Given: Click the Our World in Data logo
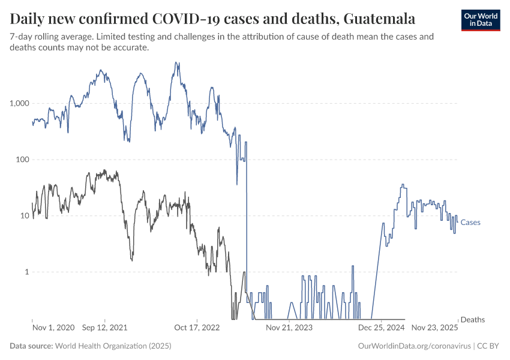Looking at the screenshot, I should (x=480, y=20).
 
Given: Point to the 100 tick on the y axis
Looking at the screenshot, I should (x=23, y=160).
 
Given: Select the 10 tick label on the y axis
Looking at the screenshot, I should (x=25, y=215).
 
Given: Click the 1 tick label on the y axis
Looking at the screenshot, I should (x=26, y=272).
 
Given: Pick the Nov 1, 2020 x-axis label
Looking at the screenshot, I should (x=53, y=328).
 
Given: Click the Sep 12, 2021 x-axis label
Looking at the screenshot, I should (x=104, y=328).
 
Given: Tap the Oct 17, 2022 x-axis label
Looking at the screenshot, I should (x=197, y=328).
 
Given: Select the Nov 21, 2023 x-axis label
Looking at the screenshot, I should (x=289, y=328).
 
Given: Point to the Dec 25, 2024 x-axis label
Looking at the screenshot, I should (x=381, y=328).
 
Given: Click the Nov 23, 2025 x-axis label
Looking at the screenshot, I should (x=434, y=328).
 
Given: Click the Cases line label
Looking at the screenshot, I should (x=470, y=223).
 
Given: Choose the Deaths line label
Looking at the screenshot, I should (x=472, y=320).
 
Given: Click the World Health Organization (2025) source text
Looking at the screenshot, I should (x=113, y=346).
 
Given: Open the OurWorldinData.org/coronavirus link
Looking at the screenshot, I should (x=413, y=346).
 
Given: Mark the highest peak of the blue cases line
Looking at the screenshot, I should (x=176, y=62).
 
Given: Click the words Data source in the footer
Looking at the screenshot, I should (x=31, y=346).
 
